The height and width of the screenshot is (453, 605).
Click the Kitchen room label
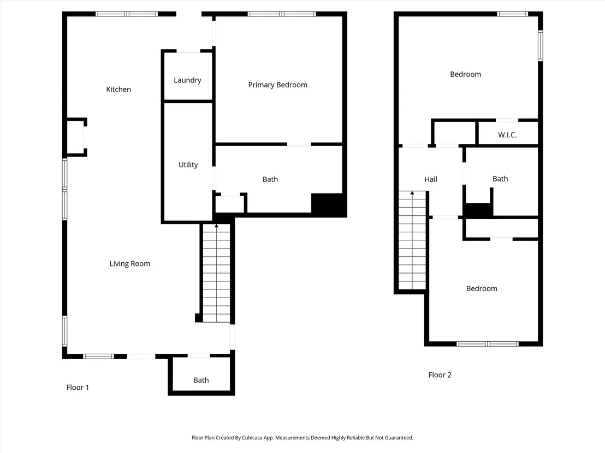pos(118,89)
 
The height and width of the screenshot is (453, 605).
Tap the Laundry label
pos(187,80)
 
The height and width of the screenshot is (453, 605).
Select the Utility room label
pos(188,165)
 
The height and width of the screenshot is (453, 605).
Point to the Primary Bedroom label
pos(277,84)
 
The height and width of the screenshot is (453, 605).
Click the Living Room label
pos(129,264)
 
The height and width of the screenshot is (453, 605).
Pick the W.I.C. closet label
pos(507,135)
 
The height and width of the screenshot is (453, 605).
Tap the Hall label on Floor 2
pos(431,179)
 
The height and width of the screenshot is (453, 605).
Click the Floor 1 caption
pos(78,388)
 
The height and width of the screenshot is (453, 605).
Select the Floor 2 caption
pos(440,375)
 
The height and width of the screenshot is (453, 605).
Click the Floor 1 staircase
pos(216,273)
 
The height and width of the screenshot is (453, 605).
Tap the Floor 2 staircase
pos(412,240)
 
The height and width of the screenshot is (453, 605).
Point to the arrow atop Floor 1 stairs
pos(216,226)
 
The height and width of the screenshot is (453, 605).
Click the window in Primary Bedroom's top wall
pos(282,14)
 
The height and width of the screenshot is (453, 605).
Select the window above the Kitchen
pos(127,14)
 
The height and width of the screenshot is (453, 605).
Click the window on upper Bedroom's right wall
pos(541,45)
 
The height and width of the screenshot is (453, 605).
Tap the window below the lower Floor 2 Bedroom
pos(487,344)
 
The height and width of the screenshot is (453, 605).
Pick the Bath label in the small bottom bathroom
pos(201,380)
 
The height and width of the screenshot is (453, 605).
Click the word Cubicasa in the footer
pos(252,438)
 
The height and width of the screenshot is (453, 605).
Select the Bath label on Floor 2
pos(500,179)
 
